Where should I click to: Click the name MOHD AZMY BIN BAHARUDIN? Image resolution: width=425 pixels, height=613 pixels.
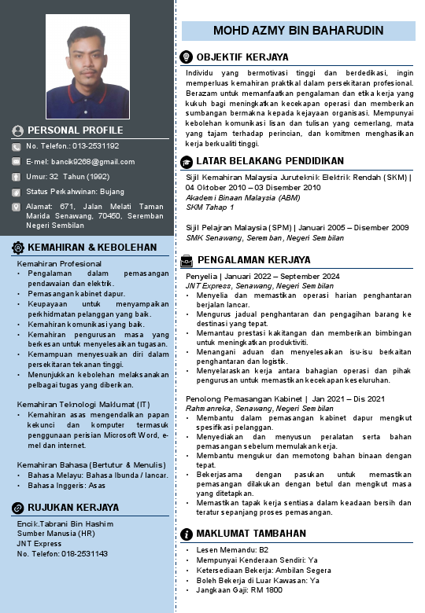point(298,31)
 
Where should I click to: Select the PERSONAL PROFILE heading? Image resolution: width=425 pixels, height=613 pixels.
point(76,130)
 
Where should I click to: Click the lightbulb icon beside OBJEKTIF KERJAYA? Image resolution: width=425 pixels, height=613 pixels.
point(187,57)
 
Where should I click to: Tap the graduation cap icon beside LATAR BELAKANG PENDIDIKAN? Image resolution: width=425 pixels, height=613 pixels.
point(187,161)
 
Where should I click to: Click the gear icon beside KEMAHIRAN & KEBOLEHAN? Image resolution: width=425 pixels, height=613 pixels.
point(18,247)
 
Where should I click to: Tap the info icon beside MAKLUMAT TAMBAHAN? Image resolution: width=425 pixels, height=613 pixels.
point(187,534)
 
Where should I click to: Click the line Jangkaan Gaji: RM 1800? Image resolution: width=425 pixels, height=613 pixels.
point(234,590)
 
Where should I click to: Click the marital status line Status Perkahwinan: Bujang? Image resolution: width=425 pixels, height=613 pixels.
point(76,192)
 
